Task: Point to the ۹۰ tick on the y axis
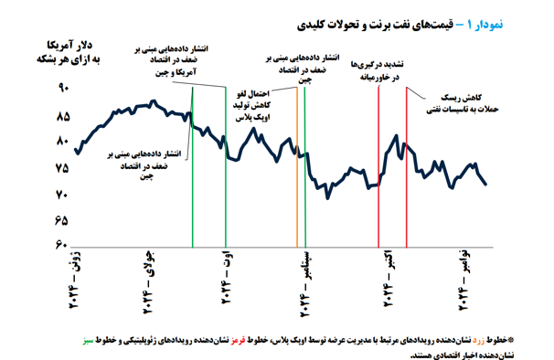point(64,89)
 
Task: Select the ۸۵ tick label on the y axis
point(64,116)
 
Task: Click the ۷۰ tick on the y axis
point(64,196)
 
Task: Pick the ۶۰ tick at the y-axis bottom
point(64,246)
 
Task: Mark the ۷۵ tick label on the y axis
point(64,169)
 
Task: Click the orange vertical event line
point(296,164)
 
